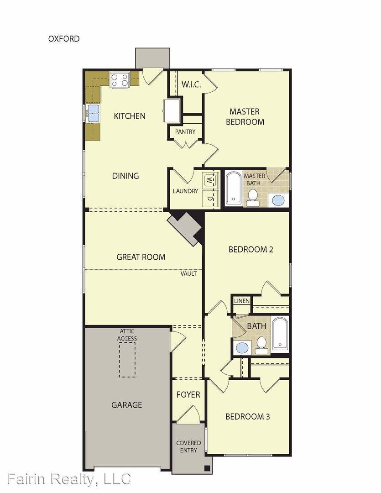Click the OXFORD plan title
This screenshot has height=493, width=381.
(x=64, y=39)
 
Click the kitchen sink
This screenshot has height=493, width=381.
(x=94, y=113)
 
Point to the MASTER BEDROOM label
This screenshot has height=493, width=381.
(x=245, y=117)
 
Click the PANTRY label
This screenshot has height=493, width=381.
(x=185, y=131)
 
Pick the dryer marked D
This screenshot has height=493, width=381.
(x=209, y=198)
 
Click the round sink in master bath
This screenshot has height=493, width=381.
(x=277, y=199)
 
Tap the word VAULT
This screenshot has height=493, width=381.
(x=188, y=273)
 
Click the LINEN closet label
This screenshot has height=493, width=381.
(x=241, y=301)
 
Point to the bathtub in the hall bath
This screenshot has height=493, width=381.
(x=280, y=335)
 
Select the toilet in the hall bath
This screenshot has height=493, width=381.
(x=261, y=346)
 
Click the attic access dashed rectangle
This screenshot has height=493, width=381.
(x=127, y=360)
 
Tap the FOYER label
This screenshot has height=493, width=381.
(x=188, y=394)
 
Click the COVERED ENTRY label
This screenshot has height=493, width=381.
(x=188, y=446)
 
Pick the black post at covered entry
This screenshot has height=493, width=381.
(x=208, y=468)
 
